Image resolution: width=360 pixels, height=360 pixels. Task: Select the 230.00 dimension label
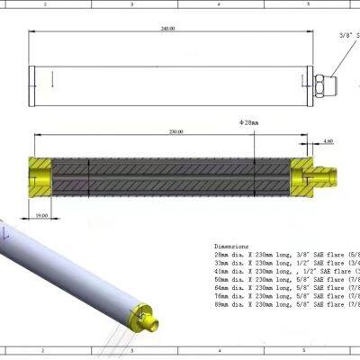(175, 131)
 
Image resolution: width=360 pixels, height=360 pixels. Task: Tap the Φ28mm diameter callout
(248, 121)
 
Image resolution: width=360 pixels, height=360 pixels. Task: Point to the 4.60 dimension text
(328, 141)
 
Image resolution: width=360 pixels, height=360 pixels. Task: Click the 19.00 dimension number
(42, 216)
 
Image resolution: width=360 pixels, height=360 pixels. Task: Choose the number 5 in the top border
(308, 4)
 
